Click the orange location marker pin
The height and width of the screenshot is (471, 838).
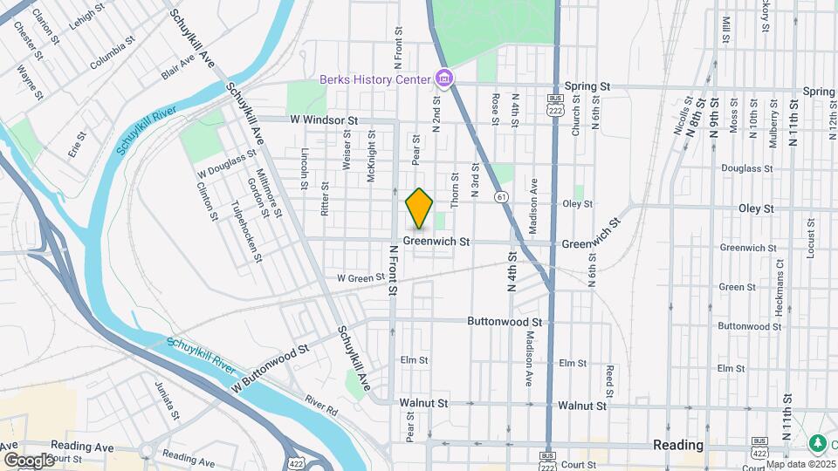pyautogui.click(x=420, y=208)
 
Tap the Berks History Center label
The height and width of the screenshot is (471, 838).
pyautogui.click(x=375, y=79)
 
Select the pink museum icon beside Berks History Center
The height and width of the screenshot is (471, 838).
pyautogui.click(x=444, y=80)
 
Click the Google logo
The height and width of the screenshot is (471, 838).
pyautogui.click(x=29, y=460)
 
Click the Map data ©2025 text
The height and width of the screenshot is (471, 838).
pyautogui.click(x=800, y=464)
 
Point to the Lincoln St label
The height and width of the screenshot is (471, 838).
pyautogui.click(x=305, y=167)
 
